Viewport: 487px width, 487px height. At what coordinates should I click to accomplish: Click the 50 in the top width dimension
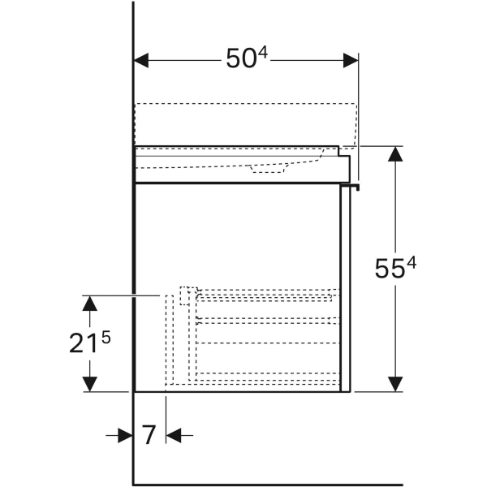tap(241, 59)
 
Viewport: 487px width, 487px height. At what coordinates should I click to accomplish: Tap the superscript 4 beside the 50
tap(262, 53)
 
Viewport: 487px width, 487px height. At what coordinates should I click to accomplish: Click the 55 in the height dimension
tap(390, 269)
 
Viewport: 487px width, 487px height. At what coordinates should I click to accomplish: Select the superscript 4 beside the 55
tap(412, 263)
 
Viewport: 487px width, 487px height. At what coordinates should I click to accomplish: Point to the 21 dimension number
tap(80, 343)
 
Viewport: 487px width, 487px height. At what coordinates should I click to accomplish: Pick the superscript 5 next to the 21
tap(106, 338)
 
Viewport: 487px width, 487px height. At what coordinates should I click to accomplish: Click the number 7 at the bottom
tap(149, 435)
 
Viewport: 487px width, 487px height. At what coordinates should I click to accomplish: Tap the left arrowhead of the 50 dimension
tap(141, 60)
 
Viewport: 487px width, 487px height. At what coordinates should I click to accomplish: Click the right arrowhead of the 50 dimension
tap(351, 60)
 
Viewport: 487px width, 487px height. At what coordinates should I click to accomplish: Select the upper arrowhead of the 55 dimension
tap(395, 154)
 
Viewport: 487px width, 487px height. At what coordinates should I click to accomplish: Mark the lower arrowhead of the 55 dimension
tap(395, 384)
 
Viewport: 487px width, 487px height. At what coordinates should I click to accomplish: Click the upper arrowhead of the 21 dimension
tap(90, 304)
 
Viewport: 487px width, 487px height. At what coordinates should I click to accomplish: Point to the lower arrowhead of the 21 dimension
tap(90, 384)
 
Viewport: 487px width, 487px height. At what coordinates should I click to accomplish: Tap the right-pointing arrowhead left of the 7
tap(126, 435)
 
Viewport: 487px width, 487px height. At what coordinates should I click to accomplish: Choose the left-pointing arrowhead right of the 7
tap(174, 435)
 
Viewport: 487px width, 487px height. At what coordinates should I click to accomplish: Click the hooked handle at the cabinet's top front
tap(351, 187)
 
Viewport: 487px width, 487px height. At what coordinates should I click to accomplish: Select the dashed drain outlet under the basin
tap(268, 169)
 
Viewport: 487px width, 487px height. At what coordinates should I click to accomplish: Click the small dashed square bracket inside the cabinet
tap(188, 295)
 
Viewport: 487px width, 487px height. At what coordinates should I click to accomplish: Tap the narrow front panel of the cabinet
tap(346, 289)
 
